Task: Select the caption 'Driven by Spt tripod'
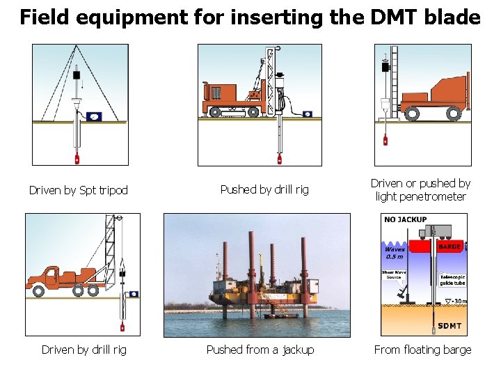click(x=79, y=190)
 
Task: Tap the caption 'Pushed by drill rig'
click(x=264, y=189)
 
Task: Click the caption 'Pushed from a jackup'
click(x=260, y=350)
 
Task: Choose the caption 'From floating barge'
click(x=422, y=350)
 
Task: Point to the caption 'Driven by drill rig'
click(x=84, y=350)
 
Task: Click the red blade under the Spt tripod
click(x=77, y=158)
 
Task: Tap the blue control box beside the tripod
click(x=93, y=116)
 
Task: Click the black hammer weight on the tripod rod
click(x=77, y=75)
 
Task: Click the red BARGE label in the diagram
click(x=449, y=246)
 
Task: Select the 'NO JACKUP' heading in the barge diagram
click(x=406, y=220)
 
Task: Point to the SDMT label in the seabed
click(x=450, y=326)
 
